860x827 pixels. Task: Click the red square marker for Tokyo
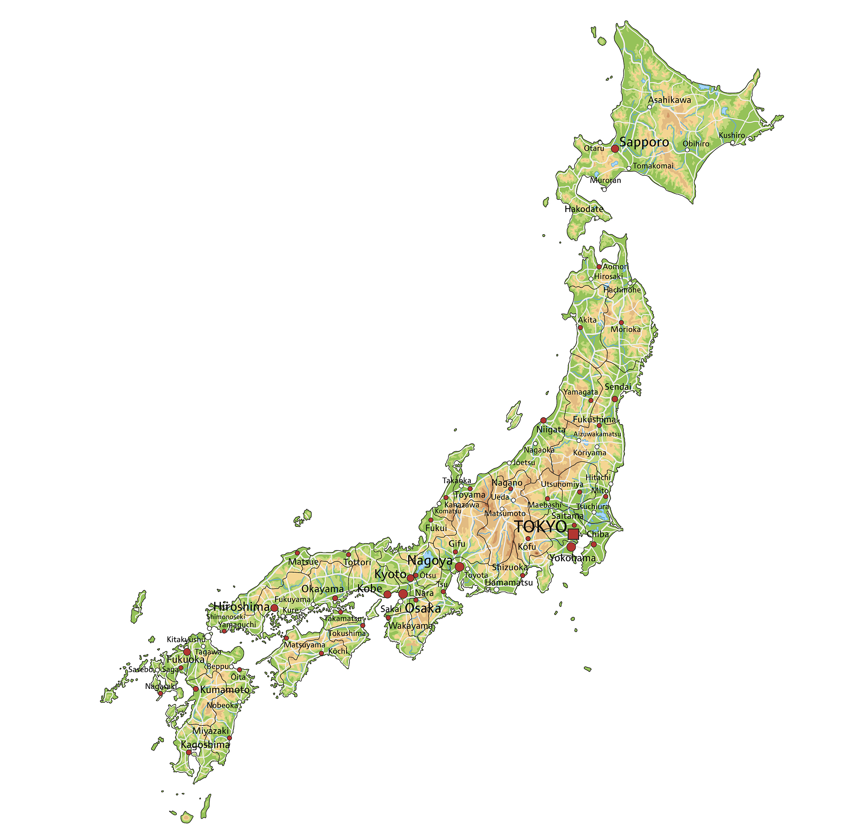(573, 534)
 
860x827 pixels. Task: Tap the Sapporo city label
(644, 142)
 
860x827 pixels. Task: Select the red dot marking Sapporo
(615, 149)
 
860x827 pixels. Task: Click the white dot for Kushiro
(732, 143)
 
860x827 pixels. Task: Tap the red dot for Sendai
(615, 399)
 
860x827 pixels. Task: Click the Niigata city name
(551, 429)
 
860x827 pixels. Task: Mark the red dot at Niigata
(543, 420)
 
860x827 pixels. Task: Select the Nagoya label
(430, 560)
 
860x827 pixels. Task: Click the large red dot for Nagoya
(459, 567)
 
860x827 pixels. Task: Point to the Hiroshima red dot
(274, 607)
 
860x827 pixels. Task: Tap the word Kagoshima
(205, 745)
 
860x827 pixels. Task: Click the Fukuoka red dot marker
(187, 652)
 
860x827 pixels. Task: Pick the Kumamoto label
(225, 689)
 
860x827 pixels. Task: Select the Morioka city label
(626, 329)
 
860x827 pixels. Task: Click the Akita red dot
(580, 327)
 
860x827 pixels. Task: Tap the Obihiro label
(696, 144)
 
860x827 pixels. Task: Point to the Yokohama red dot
(571, 547)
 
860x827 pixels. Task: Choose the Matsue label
(303, 562)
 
